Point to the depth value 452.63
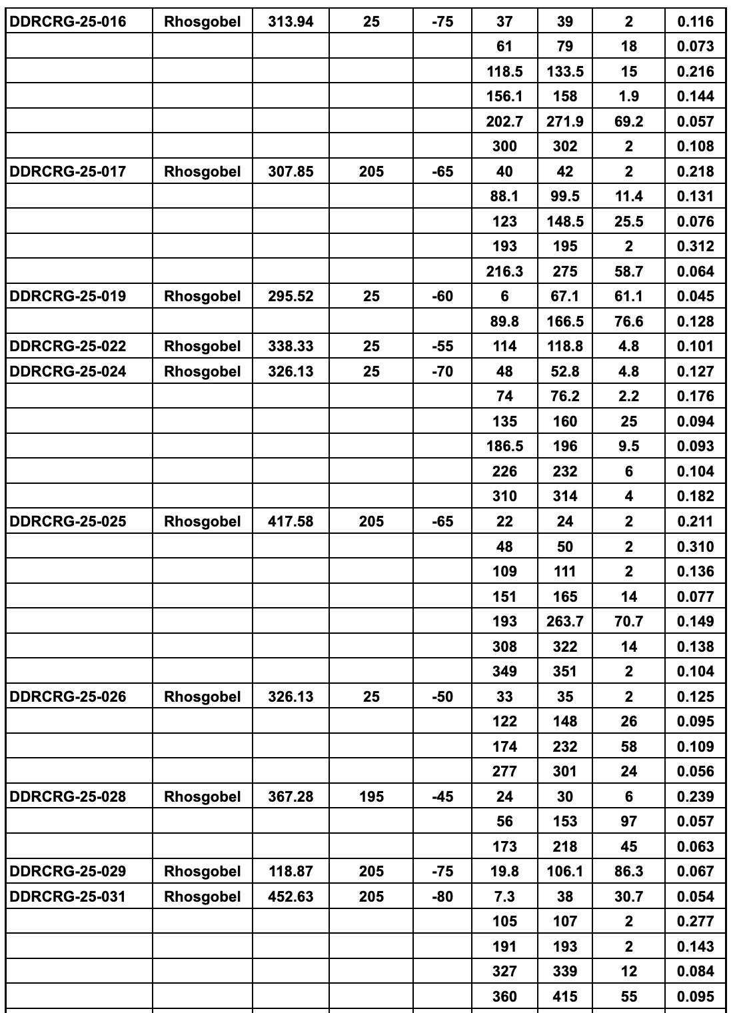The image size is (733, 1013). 291,897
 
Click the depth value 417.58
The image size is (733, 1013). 291,522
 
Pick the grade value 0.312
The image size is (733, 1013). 695,247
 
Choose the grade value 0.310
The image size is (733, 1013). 695,547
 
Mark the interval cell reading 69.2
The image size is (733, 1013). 628,122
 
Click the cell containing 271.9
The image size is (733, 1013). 564,122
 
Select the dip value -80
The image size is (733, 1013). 442,897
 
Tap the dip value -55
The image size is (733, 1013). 442,347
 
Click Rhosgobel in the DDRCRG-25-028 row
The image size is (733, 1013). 202,797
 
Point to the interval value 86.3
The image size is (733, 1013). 628,872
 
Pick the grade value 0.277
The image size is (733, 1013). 695,922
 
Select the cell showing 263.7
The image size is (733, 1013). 564,622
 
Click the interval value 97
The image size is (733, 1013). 628,822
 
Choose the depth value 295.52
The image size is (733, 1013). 291,297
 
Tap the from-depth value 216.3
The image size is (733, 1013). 504,272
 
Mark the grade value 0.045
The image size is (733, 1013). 695,297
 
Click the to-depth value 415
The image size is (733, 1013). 564,997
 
